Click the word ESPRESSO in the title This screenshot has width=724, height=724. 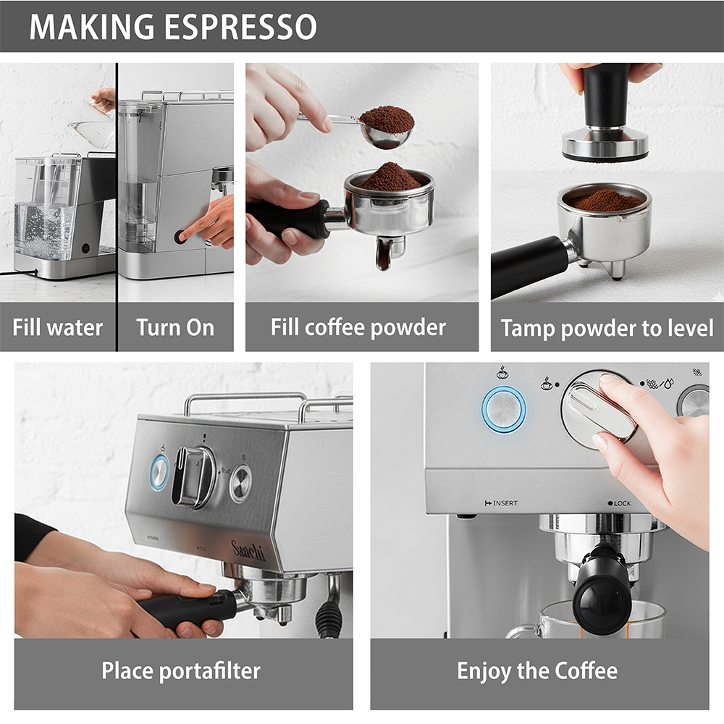click(x=240, y=27)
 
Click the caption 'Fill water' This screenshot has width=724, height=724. click(x=58, y=328)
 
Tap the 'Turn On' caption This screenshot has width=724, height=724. click(x=175, y=328)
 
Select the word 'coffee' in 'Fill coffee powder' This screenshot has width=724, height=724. click(x=334, y=327)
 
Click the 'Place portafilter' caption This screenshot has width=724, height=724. click(x=181, y=671)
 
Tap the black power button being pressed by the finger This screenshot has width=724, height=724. click(x=180, y=237)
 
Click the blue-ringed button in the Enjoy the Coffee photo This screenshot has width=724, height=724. click(x=504, y=410)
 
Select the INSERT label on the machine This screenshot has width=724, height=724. click(x=501, y=503)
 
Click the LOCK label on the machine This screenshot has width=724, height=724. click(x=619, y=503)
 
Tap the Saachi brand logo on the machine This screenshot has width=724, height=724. click(x=248, y=550)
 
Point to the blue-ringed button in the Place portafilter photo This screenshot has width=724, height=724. click(x=159, y=472)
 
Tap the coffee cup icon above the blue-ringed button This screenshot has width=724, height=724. click(x=502, y=372)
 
